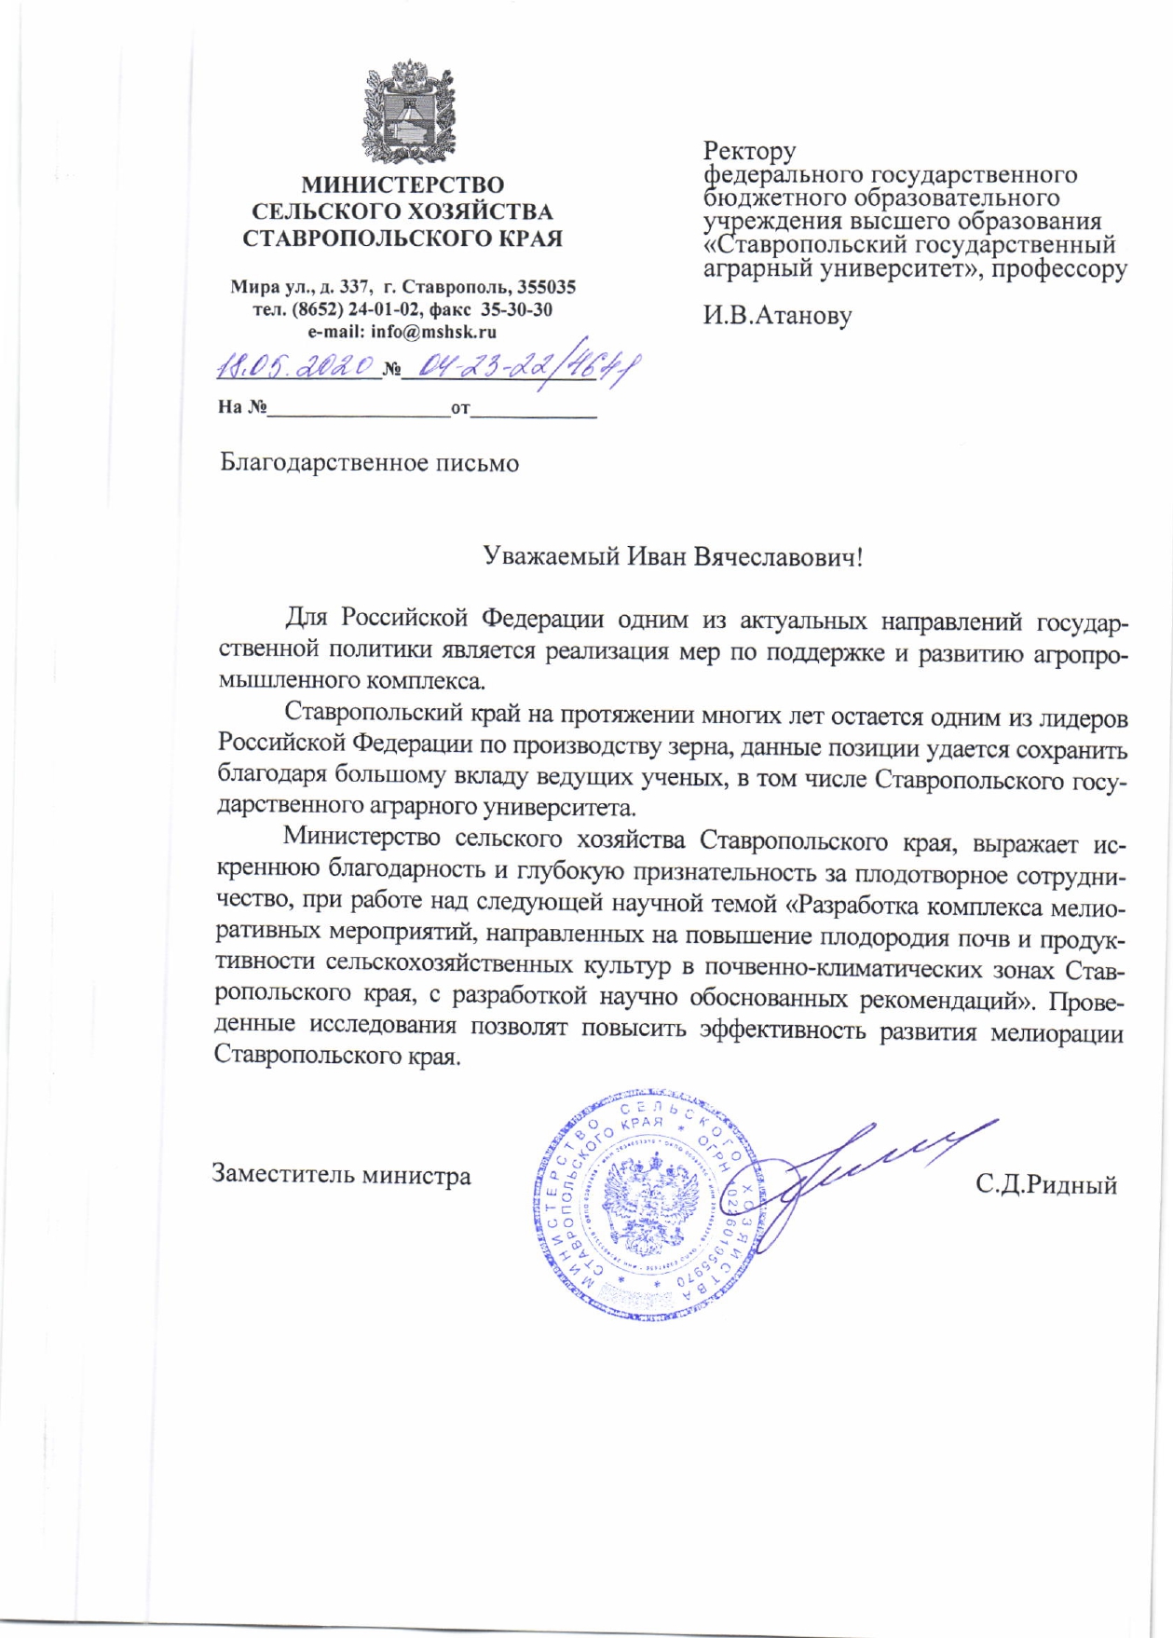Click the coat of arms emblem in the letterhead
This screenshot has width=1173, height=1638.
(402, 111)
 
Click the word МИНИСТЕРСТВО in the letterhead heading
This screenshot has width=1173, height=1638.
(402, 185)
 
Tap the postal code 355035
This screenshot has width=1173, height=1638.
(544, 287)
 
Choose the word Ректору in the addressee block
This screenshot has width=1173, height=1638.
(749, 151)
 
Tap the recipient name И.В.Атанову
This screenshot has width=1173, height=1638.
(776, 316)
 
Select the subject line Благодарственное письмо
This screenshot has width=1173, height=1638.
(369, 463)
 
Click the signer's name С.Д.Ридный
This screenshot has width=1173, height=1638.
(1046, 1185)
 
